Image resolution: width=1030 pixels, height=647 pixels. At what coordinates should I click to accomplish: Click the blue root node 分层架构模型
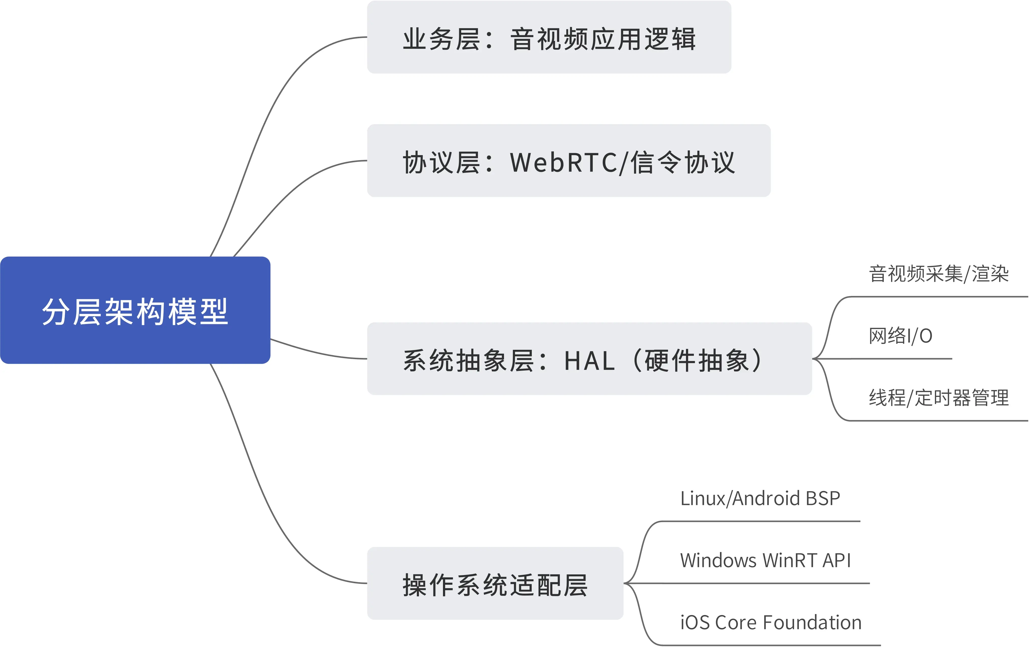135,310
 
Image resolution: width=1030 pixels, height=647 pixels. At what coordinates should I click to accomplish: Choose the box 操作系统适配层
495,584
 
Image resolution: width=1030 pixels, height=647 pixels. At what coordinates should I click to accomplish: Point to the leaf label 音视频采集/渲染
938,274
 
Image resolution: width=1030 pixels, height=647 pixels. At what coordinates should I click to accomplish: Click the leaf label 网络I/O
900,336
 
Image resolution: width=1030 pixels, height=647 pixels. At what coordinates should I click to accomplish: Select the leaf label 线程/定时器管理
938,398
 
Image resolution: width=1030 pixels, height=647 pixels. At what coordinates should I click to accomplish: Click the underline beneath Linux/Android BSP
761,521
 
